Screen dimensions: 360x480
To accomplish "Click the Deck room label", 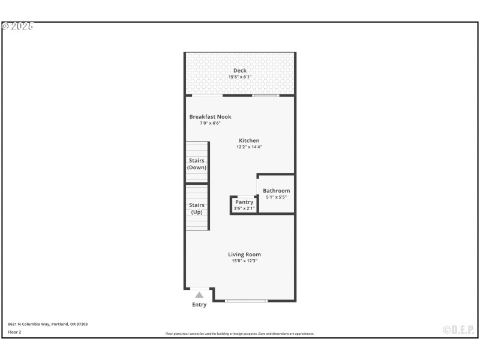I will click(x=240, y=71).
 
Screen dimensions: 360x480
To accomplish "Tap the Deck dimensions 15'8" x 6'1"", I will click(x=240, y=77).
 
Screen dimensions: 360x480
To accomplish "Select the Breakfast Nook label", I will click(x=210, y=117).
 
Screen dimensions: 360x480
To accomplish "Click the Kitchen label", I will click(x=249, y=141).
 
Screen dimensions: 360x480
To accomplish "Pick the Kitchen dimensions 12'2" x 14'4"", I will click(x=249, y=147).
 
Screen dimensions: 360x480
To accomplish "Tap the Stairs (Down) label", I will click(x=197, y=164).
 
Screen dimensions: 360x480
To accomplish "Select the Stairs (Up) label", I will click(x=197, y=208).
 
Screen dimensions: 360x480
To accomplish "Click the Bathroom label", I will click(x=276, y=191).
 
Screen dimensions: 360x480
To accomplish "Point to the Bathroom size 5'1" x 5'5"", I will click(x=276, y=197).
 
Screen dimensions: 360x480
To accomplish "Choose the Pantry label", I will click(x=244, y=202).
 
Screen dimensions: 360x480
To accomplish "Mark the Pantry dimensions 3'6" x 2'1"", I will click(x=244, y=208).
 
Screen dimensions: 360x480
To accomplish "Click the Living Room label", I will click(x=244, y=254).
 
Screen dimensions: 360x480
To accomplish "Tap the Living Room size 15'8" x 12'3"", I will click(x=244, y=260).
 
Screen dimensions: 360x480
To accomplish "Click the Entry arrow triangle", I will click(x=199, y=295).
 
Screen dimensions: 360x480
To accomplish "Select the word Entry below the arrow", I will click(x=199, y=305).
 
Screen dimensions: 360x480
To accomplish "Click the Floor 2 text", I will click(x=14, y=332).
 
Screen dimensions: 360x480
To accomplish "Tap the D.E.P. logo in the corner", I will click(x=458, y=329).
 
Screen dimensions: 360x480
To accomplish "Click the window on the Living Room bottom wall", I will click(x=247, y=301).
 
